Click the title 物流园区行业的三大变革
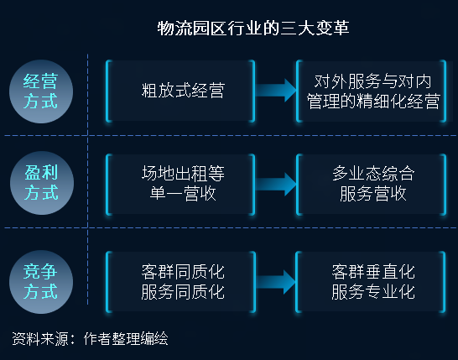coord(253,29)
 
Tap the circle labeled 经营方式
coord(41,91)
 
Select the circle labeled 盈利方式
coord(42,183)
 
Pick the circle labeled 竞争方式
coord(41,282)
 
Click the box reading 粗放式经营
coord(180,91)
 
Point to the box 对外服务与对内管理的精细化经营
coord(372,91)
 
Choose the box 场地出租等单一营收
coord(180,185)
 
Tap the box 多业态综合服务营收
coord(372,185)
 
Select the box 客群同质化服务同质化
coord(181,282)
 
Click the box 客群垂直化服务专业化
coord(371,282)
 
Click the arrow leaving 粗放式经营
coord(276,91)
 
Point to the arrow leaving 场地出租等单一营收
coord(276,185)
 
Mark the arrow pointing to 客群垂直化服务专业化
coord(276,282)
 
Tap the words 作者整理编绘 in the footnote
coord(126,339)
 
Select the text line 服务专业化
coord(373,292)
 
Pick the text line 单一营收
coord(183,194)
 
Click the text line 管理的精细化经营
coord(373,102)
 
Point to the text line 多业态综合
coord(373,174)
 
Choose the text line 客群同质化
coord(183,272)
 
